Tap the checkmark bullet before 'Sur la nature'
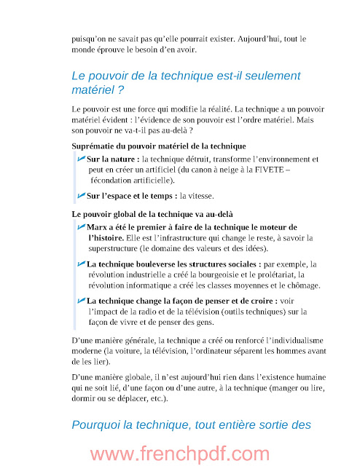pos(80,158)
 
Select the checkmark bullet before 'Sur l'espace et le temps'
pos(80,196)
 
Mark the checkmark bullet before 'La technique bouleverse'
pos(80,264)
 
